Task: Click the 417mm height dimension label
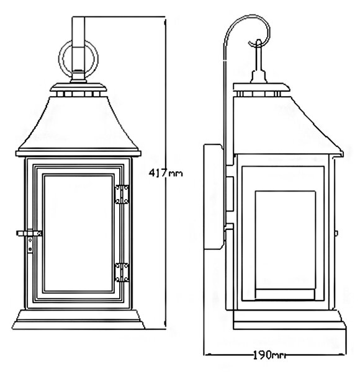(166, 173)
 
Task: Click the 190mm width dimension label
(269, 355)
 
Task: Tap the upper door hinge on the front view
(122, 195)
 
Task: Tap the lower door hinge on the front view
(122, 272)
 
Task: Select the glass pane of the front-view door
(78, 234)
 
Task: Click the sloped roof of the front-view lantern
(78, 123)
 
